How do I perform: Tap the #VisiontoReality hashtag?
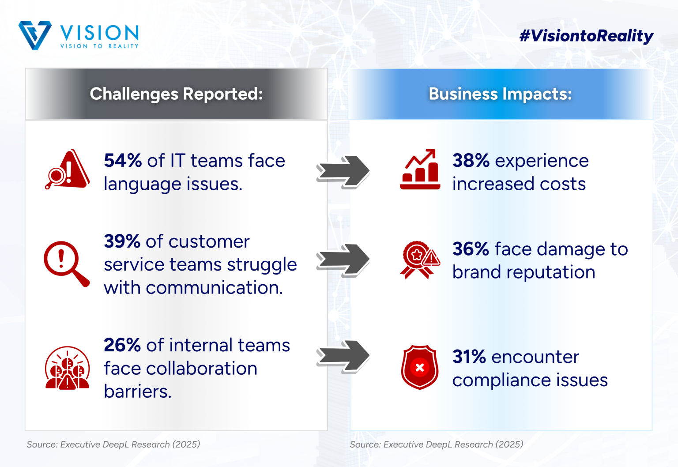586,36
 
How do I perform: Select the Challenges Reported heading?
176,94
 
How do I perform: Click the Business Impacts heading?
500,94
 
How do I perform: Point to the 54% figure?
123,160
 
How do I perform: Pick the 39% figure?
122,241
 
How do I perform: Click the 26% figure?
122,345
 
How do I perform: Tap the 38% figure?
471,160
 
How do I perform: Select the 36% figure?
471,249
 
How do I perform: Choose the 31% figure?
469,357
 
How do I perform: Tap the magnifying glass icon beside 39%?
67,264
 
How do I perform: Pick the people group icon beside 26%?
67,368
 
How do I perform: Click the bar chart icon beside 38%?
420,169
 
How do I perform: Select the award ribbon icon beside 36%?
420,260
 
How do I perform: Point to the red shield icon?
419,367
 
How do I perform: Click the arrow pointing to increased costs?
343,172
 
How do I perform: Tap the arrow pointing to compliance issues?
343,357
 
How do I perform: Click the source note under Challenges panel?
113,444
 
